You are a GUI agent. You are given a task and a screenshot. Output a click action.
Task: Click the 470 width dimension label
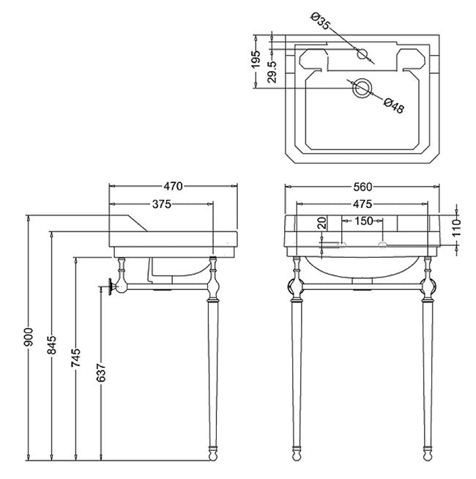[x=174, y=186]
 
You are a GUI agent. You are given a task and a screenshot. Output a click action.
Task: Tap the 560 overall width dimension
[x=363, y=186]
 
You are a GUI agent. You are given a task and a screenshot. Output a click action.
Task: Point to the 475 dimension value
[x=363, y=204]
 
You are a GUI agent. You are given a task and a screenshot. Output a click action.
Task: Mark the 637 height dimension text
[x=101, y=373]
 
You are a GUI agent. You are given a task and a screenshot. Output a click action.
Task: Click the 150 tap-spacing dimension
[x=363, y=220]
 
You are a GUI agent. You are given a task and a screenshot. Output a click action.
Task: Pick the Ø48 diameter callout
[x=393, y=106]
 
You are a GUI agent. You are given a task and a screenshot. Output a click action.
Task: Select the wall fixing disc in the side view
[x=111, y=288]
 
